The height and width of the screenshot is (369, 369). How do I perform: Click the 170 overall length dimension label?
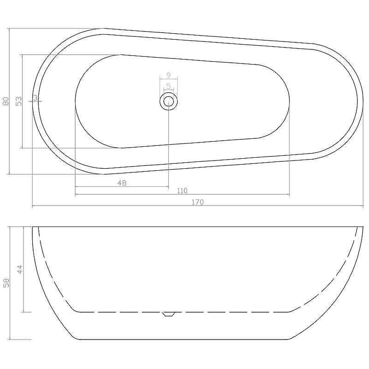[197, 202]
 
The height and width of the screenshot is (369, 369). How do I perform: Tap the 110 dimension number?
[182, 190]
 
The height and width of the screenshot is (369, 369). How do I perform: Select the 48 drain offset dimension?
[122, 183]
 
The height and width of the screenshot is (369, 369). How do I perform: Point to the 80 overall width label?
[6, 101]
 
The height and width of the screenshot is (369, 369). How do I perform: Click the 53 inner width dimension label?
[18, 101]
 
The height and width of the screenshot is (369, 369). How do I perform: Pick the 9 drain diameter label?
[168, 75]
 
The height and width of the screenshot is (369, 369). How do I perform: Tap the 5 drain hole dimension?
[168, 86]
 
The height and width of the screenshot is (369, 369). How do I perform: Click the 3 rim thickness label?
[36, 98]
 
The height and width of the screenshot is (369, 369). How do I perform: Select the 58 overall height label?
[6, 283]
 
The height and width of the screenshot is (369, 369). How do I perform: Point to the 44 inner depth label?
[20, 269]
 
